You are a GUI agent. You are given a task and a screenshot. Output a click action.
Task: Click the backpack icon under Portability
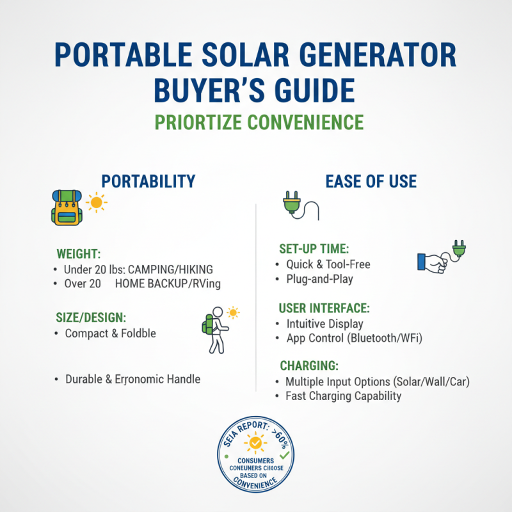[x=66, y=208]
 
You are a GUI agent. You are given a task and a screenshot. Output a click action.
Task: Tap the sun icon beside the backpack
[x=97, y=202]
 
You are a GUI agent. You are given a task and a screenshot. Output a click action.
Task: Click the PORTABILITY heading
[x=148, y=181]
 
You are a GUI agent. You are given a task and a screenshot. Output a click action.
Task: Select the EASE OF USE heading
[x=371, y=181]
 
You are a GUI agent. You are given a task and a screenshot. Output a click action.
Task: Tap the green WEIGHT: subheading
[x=79, y=253]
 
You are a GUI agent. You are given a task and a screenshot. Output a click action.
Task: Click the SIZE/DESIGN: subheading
[x=91, y=317]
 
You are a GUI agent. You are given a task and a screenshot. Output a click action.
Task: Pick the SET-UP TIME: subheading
[x=314, y=248]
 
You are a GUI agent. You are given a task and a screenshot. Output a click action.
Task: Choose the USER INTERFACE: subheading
[x=324, y=307]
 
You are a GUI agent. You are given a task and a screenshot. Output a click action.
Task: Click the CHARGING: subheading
[x=309, y=366]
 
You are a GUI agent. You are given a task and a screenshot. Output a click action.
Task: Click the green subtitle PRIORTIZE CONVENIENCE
[x=256, y=122]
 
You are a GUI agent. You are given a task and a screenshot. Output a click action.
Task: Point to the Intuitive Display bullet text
[x=324, y=324]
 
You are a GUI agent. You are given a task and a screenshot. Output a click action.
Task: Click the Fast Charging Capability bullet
[x=343, y=396]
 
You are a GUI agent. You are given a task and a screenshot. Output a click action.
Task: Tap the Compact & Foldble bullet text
[x=110, y=333]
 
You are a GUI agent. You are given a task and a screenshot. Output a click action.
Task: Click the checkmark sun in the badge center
[x=255, y=442]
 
